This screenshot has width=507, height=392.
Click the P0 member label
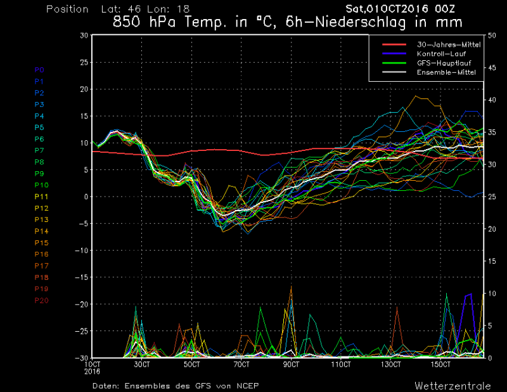[39, 70]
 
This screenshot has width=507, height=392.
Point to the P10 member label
[41, 185]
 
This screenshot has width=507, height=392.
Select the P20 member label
[41, 299]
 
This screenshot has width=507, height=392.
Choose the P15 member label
[41, 242]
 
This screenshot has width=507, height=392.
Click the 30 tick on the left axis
[84, 36]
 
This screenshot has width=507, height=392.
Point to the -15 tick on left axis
[81, 277]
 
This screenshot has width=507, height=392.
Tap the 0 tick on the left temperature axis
[86, 197]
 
